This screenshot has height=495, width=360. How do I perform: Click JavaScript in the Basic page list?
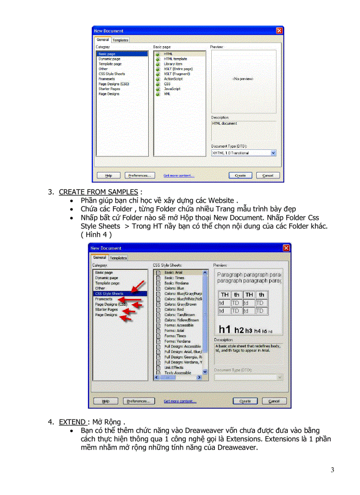[x=172, y=89]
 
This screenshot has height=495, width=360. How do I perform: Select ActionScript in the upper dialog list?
[x=173, y=79]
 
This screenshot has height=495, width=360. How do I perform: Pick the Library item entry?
[x=173, y=64]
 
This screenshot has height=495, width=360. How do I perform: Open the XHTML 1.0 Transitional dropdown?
[x=273, y=153]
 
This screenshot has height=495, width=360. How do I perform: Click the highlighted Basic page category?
[x=107, y=54]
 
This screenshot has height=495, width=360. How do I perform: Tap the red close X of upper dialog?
[x=279, y=31]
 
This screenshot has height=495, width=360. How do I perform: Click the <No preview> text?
[x=243, y=79]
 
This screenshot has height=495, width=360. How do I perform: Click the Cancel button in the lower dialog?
[x=274, y=401]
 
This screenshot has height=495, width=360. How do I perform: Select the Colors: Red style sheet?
[x=174, y=309]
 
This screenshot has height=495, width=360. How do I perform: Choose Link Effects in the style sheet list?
[x=174, y=368]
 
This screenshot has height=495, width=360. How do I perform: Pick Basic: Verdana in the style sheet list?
[x=176, y=283]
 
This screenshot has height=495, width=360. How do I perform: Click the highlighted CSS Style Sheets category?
[x=109, y=294]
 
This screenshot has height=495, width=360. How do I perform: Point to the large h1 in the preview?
[x=225, y=329]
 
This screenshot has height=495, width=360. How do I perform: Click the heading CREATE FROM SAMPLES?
[x=98, y=192]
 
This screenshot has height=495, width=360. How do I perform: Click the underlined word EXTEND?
[x=71, y=422]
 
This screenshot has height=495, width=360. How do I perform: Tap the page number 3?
[x=332, y=470]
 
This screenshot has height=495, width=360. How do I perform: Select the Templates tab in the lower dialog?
[x=118, y=258]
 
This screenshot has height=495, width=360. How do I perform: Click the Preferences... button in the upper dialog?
[x=140, y=175]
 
